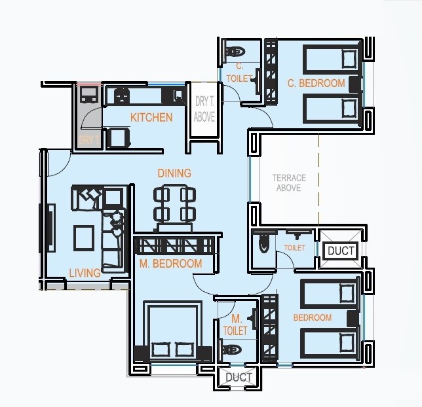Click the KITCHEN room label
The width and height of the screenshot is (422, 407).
151,118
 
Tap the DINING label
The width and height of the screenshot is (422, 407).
174,173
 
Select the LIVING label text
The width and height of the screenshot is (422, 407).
85,273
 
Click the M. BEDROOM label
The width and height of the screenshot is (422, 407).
170,264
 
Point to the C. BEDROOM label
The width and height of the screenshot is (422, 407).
316,83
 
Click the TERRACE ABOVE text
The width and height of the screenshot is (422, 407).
288,183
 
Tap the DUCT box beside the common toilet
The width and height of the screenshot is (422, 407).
341,251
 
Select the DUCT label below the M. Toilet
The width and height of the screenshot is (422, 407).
239,378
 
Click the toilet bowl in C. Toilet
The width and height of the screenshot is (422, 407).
234,50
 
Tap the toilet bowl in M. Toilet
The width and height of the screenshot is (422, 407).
232,350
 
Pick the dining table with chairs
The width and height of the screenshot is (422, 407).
174,205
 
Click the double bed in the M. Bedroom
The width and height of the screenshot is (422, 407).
173,330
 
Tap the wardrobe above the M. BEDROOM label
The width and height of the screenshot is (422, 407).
174,245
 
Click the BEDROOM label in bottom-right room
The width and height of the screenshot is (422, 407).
312,318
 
